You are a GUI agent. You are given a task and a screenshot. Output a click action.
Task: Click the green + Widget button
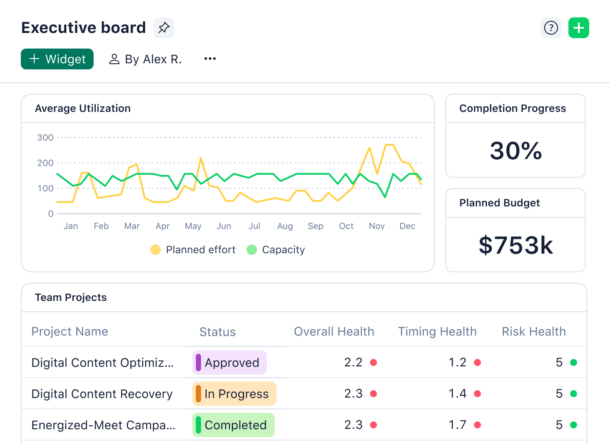57,59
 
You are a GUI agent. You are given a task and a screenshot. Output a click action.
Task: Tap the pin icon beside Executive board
164,28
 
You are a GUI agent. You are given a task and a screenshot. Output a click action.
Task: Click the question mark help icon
551,28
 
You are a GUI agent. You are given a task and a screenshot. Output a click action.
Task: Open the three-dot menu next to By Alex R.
210,59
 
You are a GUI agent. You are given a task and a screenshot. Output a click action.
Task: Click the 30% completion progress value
516,151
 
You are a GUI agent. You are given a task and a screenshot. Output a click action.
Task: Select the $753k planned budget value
516,245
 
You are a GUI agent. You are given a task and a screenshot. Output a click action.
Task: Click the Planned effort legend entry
193,250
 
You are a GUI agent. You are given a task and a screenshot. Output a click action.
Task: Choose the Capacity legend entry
276,250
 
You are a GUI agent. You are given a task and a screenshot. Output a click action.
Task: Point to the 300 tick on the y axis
45,137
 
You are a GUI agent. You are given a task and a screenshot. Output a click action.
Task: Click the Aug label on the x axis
285,226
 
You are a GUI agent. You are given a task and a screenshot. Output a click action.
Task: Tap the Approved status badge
230,362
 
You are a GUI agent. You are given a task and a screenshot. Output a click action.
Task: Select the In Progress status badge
234,394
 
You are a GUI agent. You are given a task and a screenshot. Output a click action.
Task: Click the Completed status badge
234,425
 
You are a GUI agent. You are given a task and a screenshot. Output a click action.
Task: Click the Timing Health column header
437,332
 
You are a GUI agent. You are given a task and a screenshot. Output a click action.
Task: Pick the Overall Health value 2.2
353,362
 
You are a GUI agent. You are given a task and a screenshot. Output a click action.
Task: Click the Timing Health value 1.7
457,425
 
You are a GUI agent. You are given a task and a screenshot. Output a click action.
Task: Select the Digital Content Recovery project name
102,394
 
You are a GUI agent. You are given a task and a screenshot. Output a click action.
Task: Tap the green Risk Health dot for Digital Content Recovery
574,394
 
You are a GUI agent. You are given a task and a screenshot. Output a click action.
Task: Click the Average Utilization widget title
83,108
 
